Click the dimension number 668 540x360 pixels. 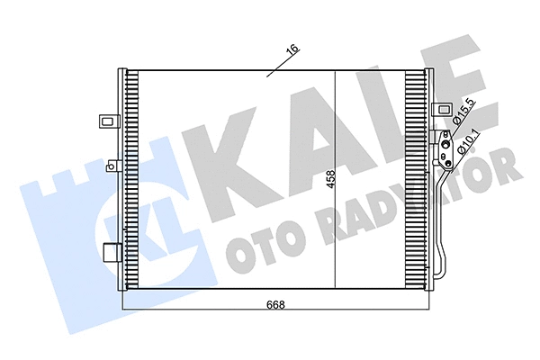276,304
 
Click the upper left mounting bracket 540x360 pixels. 108,119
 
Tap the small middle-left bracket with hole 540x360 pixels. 112,165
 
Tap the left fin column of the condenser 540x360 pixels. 130,180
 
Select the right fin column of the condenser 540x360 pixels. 416,180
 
